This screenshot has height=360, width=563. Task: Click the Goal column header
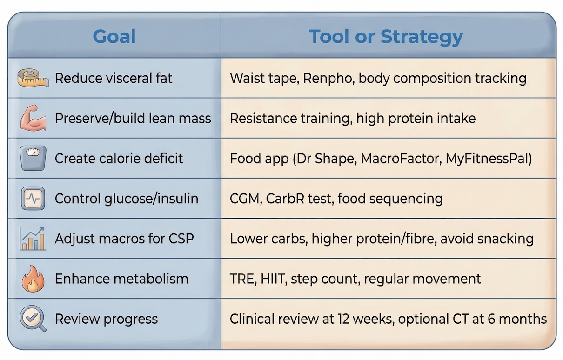114,36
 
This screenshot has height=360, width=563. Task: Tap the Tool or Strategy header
386,37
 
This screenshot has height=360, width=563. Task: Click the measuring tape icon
33,78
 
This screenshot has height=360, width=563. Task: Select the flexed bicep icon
33,118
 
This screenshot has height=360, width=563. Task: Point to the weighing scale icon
33,158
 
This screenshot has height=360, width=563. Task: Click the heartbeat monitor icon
33,198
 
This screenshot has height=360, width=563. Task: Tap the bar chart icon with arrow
33,239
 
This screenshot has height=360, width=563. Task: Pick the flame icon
33,279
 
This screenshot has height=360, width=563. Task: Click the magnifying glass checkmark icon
33,319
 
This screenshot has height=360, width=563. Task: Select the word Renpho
329,79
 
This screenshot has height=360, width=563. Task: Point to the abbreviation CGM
246,199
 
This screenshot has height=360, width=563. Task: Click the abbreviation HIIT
274,279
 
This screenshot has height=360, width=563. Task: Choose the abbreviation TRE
243,279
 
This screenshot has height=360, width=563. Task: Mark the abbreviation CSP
181,239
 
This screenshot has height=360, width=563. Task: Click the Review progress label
106,320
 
